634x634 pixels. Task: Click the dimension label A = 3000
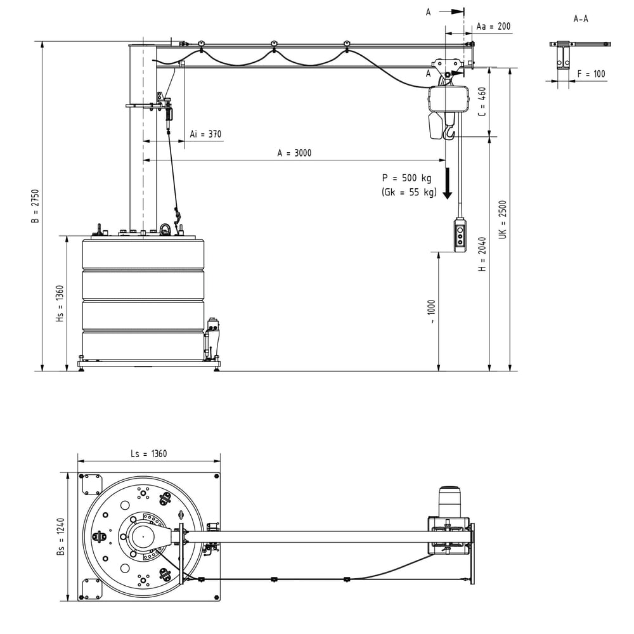click(x=294, y=153)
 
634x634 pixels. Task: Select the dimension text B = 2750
click(x=36, y=206)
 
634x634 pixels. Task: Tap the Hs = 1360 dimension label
click(x=60, y=303)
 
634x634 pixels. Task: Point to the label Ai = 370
click(x=206, y=134)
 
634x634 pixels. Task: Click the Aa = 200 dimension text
click(x=493, y=27)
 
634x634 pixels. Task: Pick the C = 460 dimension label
click(x=482, y=101)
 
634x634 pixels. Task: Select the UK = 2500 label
click(x=503, y=219)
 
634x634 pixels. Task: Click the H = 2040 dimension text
click(x=482, y=254)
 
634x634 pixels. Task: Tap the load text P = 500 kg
click(x=406, y=178)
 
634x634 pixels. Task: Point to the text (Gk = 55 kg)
click(x=409, y=192)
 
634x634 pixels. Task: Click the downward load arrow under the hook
click(x=448, y=184)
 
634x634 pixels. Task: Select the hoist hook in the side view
click(x=450, y=133)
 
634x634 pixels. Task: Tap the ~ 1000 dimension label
click(x=432, y=312)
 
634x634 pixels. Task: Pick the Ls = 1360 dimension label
click(x=148, y=453)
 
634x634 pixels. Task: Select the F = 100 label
click(x=591, y=74)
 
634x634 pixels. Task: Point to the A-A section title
click(x=580, y=19)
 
